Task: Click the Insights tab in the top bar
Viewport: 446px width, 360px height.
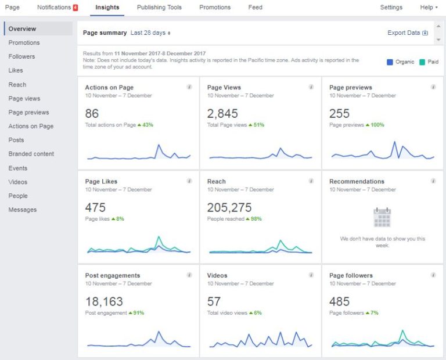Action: pos(107,8)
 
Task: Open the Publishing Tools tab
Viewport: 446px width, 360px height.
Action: pos(159,8)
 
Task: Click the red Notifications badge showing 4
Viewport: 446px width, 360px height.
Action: pos(75,8)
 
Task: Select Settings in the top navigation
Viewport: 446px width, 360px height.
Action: pos(391,8)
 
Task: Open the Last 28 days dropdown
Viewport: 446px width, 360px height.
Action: pos(150,33)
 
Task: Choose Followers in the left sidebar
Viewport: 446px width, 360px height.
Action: pos(21,56)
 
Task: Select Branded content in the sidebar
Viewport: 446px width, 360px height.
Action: pos(31,154)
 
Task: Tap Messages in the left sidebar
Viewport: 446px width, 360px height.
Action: pos(22,210)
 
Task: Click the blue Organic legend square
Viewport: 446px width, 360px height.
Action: pos(390,62)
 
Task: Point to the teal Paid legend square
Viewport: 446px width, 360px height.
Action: pos(422,62)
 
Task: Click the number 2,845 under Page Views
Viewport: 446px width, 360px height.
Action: pos(222,114)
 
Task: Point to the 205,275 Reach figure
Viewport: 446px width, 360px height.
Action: pos(231,208)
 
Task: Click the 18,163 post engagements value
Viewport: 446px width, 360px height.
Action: pos(104,302)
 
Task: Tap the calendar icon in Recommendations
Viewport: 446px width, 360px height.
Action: pos(382,217)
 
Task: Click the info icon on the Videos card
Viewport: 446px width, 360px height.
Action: pos(311,275)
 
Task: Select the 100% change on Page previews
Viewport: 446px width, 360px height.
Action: pos(375,125)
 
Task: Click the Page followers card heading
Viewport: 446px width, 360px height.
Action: pos(351,275)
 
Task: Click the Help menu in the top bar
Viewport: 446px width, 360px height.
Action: pos(429,8)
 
